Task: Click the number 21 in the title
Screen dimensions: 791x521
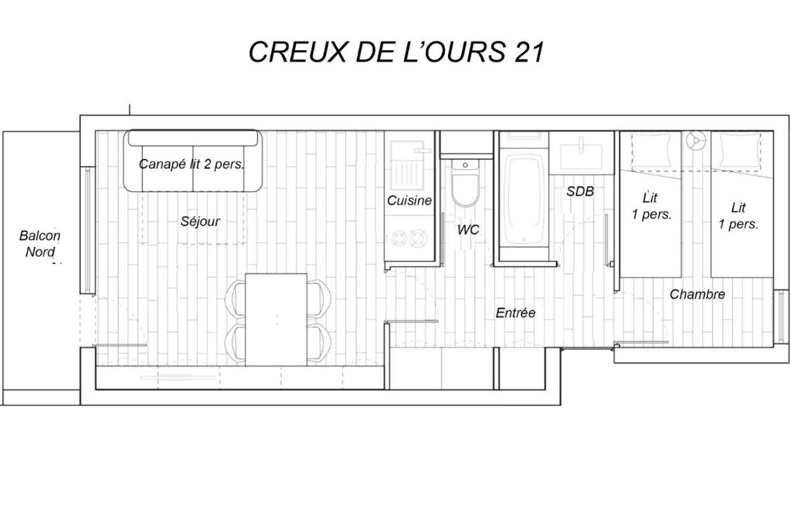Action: tap(528, 52)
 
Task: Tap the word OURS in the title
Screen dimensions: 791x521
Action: tap(457, 52)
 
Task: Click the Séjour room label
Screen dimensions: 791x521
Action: tap(200, 221)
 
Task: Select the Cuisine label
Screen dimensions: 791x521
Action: tap(409, 200)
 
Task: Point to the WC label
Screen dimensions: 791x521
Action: tap(468, 230)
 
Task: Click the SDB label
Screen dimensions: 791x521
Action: tap(580, 191)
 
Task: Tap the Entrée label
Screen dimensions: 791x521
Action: tap(515, 313)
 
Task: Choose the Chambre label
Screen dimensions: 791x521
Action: tap(698, 294)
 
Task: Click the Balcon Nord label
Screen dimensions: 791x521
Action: tap(40, 243)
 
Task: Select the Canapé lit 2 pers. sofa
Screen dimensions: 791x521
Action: tap(193, 161)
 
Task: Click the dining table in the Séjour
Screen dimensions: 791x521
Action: tap(277, 320)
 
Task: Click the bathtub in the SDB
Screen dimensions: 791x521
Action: tap(525, 200)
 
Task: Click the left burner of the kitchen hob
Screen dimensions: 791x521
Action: tap(399, 237)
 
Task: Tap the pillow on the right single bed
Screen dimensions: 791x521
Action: tap(740, 150)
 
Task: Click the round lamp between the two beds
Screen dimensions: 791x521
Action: tap(695, 140)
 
